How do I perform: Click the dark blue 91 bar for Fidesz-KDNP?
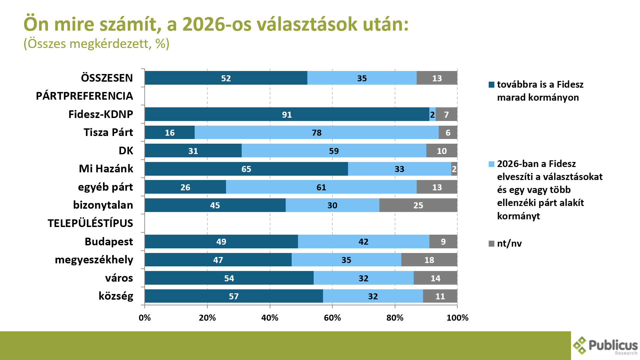(x=287, y=114)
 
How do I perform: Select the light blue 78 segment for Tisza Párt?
(x=316, y=133)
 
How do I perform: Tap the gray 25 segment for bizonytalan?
(x=418, y=205)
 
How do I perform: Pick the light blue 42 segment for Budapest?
(x=363, y=242)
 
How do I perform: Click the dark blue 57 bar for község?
(x=233, y=296)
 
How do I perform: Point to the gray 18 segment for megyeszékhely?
(x=429, y=260)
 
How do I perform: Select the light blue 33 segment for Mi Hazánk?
(x=399, y=169)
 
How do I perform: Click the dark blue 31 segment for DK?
(x=193, y=151)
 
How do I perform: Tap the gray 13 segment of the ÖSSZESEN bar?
(x=437, y=78)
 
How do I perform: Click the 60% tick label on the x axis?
(x=332, y=318)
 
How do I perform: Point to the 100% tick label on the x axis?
(x=457, y=318)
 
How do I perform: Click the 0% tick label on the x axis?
(x=145, y=318)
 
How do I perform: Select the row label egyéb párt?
(x=105, y=187)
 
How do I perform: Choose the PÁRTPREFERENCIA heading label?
(x=84, y=96)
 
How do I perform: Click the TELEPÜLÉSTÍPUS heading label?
(x=90, y=223)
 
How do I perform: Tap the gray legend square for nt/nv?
(x=491, y=244)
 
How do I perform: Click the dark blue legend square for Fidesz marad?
(x=491, y=85)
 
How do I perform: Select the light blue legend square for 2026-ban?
(x=491, y=164)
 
